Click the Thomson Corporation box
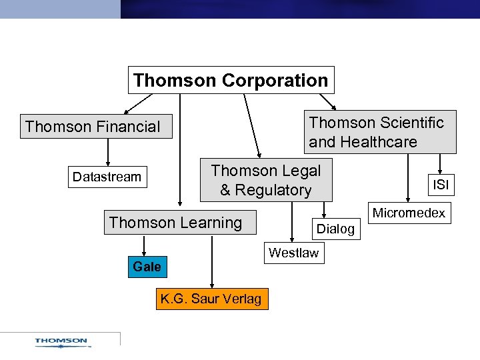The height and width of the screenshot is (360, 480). point(231,81)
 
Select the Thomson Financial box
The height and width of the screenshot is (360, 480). point(95,127)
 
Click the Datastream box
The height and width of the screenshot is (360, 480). point(107,177)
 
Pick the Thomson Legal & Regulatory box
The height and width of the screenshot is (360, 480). point(265,180)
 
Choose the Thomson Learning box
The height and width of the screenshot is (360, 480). point(175,223)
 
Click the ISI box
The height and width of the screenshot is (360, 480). point(441,185)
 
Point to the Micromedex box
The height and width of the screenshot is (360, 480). point(408,213)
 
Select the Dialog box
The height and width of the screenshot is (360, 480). point(335,229)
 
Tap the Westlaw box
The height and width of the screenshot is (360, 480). point(293,253)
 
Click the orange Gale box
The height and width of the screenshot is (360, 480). point(147,267)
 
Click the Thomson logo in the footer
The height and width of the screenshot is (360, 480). point(61,342)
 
